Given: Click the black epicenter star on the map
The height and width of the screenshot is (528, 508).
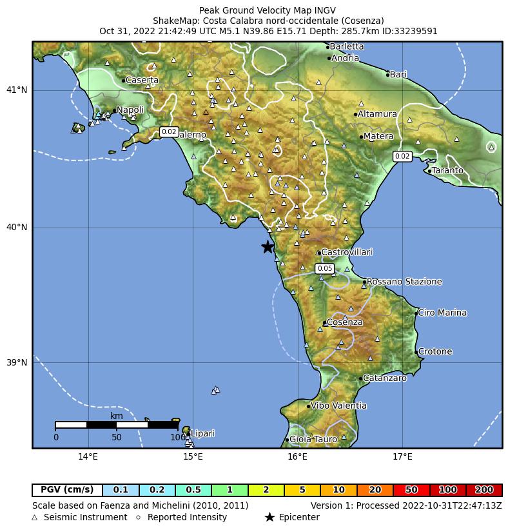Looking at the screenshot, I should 268,247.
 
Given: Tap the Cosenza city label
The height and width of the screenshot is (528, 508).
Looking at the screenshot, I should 344,322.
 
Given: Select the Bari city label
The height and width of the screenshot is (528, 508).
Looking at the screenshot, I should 398,75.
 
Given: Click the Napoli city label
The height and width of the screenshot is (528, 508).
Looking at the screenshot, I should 130,110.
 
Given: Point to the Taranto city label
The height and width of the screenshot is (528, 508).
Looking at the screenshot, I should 447,171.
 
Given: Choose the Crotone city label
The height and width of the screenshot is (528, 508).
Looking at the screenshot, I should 435,352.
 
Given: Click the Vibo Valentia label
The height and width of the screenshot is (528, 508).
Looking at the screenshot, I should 338,406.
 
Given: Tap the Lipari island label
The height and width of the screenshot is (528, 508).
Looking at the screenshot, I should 202,434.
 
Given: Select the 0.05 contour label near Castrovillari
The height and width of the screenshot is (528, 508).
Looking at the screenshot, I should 325,268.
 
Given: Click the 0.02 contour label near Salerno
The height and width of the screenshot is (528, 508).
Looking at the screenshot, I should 169,132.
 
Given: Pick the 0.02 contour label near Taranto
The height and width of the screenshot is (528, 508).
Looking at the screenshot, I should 402,156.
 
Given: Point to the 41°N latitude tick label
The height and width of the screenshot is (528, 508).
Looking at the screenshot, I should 17,90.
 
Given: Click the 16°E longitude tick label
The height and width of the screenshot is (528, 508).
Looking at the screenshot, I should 297,458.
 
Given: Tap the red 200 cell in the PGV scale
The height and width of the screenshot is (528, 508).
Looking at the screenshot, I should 484,491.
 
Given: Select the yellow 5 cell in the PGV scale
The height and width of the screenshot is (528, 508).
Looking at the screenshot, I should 302,491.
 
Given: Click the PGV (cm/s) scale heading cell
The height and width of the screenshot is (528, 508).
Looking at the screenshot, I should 67,491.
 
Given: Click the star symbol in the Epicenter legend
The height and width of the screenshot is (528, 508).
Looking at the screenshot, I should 269,517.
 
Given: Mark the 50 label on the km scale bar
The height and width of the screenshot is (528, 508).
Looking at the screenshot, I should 116,438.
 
